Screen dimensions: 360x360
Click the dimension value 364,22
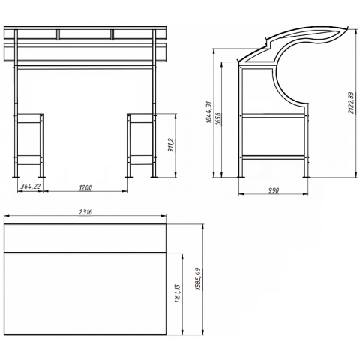31,187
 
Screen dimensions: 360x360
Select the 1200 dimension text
85,187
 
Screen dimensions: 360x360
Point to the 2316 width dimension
85,212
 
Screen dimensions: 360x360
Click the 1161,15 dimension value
178,293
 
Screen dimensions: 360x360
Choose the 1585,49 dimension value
199,278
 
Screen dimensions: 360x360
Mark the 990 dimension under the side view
274,190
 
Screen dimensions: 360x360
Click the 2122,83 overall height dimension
352,103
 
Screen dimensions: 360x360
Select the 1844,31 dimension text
208,112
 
